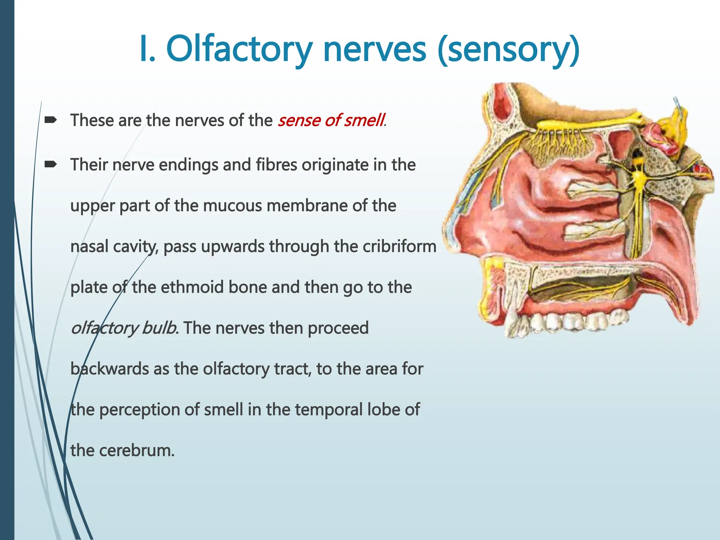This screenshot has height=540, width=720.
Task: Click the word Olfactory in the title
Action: [239, 50]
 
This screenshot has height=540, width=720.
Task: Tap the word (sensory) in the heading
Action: [509, 50]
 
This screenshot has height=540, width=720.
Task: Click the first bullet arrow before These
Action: [51, 120]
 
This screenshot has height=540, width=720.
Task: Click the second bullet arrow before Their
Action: [51, 164]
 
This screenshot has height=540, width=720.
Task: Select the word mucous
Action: [232, 206]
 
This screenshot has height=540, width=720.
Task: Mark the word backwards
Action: [109, 369]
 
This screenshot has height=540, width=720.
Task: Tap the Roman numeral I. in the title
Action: [147, 50]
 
